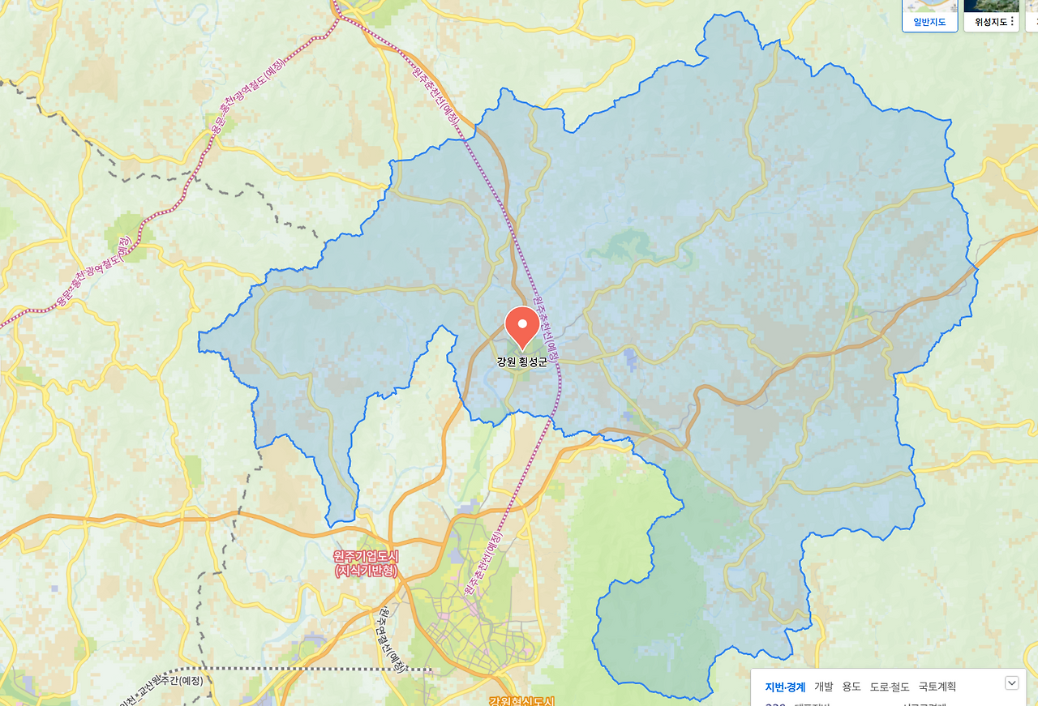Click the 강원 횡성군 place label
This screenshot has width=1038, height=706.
522,362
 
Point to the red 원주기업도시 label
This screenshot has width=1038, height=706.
367,557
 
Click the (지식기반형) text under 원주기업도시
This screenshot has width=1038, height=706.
367,571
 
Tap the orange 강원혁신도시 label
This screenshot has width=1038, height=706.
521,701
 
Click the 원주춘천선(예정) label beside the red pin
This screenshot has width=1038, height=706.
544,332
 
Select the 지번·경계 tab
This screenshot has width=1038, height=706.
785,687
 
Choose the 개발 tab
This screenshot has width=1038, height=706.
823,687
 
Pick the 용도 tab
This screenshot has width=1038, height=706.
851,687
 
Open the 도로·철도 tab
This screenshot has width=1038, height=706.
890,687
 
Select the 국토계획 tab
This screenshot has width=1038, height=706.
937,687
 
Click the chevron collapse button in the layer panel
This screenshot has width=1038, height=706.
1012,682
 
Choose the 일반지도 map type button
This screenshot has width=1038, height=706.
929,22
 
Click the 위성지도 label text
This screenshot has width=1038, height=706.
990,22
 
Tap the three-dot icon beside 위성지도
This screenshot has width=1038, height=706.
1013,22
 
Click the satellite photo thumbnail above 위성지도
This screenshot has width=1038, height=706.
991,6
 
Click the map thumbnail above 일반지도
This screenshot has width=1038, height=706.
929,6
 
